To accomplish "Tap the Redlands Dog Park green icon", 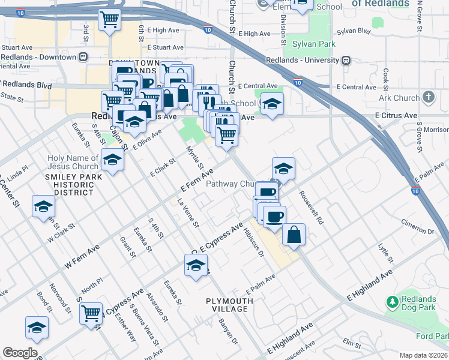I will [393, 301].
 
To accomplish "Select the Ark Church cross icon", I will [428, 97].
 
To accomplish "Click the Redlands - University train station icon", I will [346, 61].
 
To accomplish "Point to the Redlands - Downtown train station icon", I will [84, 57].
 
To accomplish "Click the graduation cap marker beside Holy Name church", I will [112, 160].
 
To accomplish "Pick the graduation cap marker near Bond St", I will [36, 328].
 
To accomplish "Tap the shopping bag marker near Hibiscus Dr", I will [294, 235].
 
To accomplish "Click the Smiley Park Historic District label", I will [69, 185].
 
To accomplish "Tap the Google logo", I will [20, 353].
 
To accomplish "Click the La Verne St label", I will [188, 214].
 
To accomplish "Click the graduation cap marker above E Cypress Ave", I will [196, 266].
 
